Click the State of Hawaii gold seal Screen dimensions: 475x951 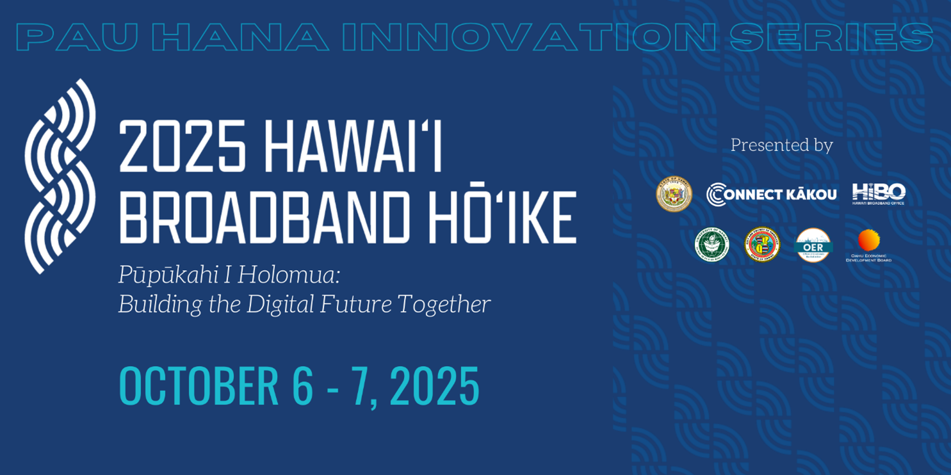click(674, 194)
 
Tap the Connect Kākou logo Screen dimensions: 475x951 click(771, 194)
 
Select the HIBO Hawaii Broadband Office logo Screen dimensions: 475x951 click(878, 193)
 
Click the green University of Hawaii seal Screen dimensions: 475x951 click(711, 245)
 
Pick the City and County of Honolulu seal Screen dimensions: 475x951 click(762, 245)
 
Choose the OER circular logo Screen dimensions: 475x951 click(813, 245)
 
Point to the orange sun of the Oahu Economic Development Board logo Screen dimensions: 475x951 click(868, 240)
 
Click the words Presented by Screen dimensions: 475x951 click(781, 145)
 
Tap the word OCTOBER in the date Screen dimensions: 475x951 click(199, 386)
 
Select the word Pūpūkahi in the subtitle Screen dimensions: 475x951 click(164, 275)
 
